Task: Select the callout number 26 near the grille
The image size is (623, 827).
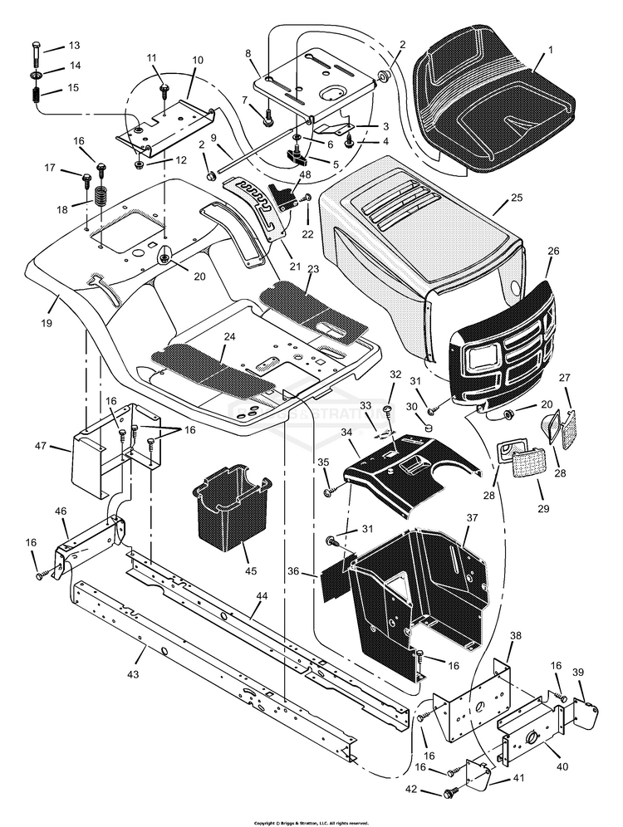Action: pos(553,249)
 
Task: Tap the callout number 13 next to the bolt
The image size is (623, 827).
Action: pos(74,45)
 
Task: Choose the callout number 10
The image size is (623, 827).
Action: pos(197,61)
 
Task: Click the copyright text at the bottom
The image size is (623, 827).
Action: pos(311,821)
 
